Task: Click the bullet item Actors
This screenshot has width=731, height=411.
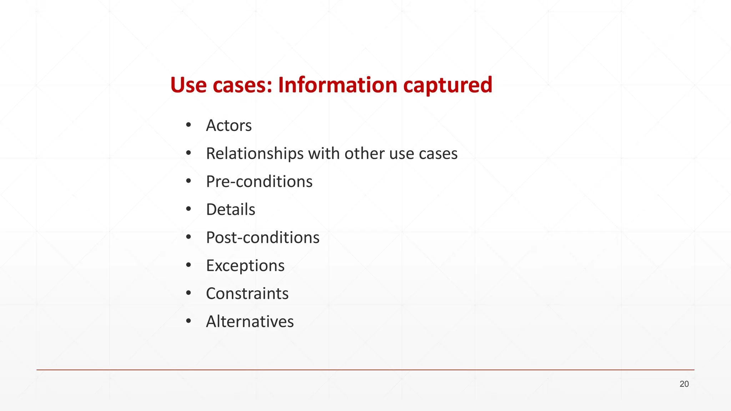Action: [x=229, y=126]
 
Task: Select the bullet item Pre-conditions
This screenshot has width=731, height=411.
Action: [x=259, y=182]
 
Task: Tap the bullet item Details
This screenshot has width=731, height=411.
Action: [x=231, y=209]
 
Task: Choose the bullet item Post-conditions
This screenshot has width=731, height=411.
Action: [x=263, y=238]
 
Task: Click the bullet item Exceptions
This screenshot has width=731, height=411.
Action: [x=245, y=266]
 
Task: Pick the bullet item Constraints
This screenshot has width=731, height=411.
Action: [x=247, y=294]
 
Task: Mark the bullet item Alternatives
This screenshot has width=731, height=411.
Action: [x=250, y=322]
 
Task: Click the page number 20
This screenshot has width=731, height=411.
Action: [x=684, y=384]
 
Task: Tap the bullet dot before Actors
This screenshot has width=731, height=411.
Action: [x=188, y=125]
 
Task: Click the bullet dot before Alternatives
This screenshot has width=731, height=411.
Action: [x=188, y=321]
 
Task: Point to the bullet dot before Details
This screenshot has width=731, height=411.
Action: [x=188, y=209]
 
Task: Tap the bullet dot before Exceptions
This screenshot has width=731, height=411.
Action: [x=188, y=265]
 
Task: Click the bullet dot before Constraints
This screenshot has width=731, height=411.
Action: [x=188, y=293]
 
